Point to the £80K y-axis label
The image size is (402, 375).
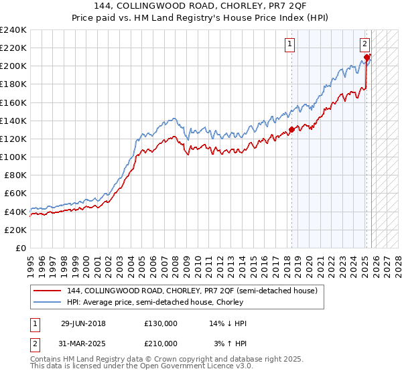[14, 175]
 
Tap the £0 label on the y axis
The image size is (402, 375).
[21, 248]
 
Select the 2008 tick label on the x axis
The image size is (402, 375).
[176, 261]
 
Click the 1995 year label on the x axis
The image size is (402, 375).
[30, 261]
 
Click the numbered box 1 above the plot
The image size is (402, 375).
[290, 45]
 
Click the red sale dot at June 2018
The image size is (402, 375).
[291, 130]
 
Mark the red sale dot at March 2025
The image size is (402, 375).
[367, 58]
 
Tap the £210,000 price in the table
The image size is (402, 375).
[161, 343]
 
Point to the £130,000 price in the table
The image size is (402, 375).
[161, 323]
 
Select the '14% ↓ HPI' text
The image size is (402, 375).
[228, 323]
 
